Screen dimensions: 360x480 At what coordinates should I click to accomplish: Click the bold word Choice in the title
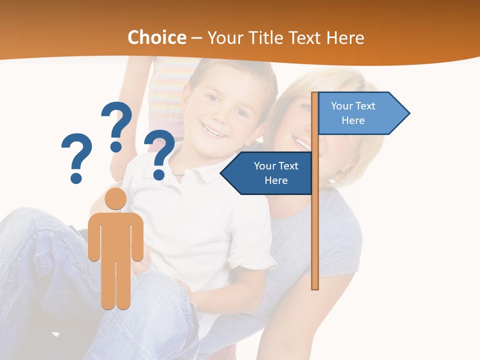[x=156, y=37]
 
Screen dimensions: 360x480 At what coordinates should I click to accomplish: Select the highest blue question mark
[x=116, y=125]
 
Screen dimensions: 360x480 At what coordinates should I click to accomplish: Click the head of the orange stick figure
[x=115, y=198]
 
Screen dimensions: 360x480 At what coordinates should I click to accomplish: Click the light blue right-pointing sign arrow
[x=362, y=113]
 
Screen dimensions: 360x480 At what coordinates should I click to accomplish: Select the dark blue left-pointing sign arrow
[x=267, y=173]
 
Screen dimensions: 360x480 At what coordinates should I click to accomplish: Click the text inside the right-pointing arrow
[x=353, y=113]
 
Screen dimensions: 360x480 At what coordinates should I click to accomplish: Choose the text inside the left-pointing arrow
[x=276, y=173]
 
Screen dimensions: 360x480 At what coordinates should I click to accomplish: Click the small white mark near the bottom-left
[x=55, y=333]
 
